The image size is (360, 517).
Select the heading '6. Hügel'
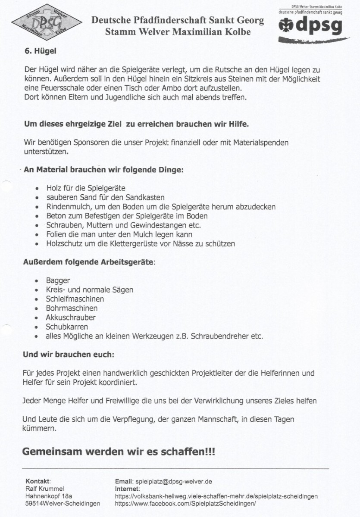click(x=41, y=51)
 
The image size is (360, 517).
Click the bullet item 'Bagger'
click(x=58, y=280)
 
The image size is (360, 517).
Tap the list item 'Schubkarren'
click(x=67, y=327)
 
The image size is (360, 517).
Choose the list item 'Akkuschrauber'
click(x=71, y=318)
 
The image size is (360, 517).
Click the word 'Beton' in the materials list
click(x=56, y=216)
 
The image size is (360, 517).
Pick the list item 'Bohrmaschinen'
click(x=72, y=308)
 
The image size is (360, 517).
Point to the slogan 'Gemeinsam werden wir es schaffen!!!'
click(x=119, y=452)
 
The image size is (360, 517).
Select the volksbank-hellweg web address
click(x=216, y=496)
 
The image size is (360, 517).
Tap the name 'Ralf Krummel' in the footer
click(x=45, y=489)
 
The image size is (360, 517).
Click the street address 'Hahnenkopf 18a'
click(x=49, y=496)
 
